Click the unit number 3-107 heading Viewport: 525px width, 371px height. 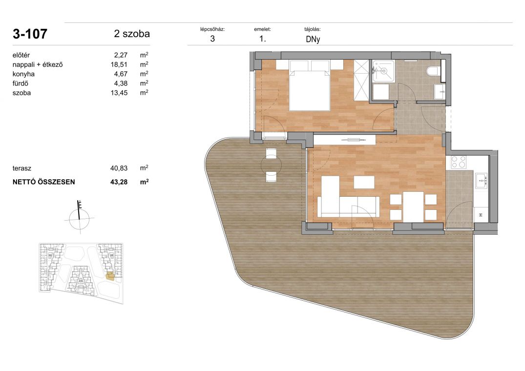[x=30, y=34]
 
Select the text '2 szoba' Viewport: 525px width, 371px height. [x=131, y=34]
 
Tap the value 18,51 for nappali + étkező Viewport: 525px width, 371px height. [x=119, y=64]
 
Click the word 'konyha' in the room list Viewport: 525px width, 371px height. [x=23, y=74]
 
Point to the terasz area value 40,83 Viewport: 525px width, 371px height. [x=119, y=168]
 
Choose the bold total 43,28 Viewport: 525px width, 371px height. [x=119, y=182]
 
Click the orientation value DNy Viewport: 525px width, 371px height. [x=313, y=39]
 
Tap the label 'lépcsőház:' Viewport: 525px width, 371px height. [x=212, y=29]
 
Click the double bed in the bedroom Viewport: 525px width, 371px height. [x=310, y=85]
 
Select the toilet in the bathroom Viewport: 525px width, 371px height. [x=433, y=71]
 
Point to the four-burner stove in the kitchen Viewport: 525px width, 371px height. [x=459, y=162]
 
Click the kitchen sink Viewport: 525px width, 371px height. [x=481, y=181]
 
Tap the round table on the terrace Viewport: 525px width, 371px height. [x=271, y=165]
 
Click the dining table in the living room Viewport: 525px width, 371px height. [x=414, y=207]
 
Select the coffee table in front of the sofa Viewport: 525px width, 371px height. [x=364, y=182]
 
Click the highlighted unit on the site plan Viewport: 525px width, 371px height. [x=110, y=276]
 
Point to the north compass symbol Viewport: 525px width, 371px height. [x=79, y=217]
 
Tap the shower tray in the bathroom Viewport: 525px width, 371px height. [x=383, y=71]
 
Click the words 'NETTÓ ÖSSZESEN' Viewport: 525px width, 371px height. [x=44, y=182]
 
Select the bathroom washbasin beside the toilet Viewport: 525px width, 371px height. [x=440, y=91]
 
